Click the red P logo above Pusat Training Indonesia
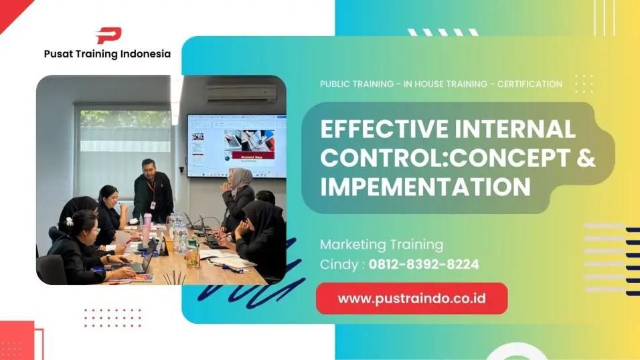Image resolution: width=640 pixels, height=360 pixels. point(108,35)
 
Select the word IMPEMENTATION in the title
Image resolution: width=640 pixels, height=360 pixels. point(425,186)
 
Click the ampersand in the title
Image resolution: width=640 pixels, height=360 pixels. point(585,157)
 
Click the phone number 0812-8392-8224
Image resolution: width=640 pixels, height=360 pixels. point(424,264)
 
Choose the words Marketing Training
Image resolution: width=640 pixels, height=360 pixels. point(381,244)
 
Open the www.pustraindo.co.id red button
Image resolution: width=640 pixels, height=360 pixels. point(411,298)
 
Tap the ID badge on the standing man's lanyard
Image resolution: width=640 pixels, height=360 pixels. point(152,204)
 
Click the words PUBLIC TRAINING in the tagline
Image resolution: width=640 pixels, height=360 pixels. point(357,84)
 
